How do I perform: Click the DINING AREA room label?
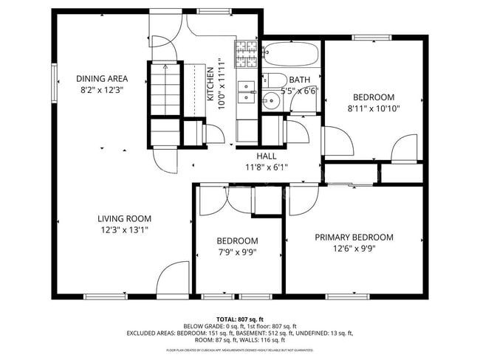click(x=102, y=79)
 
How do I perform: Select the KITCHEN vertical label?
click(x=210, y=83)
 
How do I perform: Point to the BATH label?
click(x=299, y=80)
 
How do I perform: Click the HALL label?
click(x=266, y=156)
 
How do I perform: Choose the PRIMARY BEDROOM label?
click(x=354, y=238)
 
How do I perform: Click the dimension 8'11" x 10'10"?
click(x=373, y=108)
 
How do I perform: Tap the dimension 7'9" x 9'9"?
click(x=237, y=252)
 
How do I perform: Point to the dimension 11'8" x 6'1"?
click(x=266, y=167)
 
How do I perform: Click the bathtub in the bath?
click(x=291, y=54)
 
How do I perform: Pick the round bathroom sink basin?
click(x=271, y=102)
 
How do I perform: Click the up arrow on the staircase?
click(x=165, y=68)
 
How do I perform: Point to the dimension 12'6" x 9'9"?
click(x=354, y=249)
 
